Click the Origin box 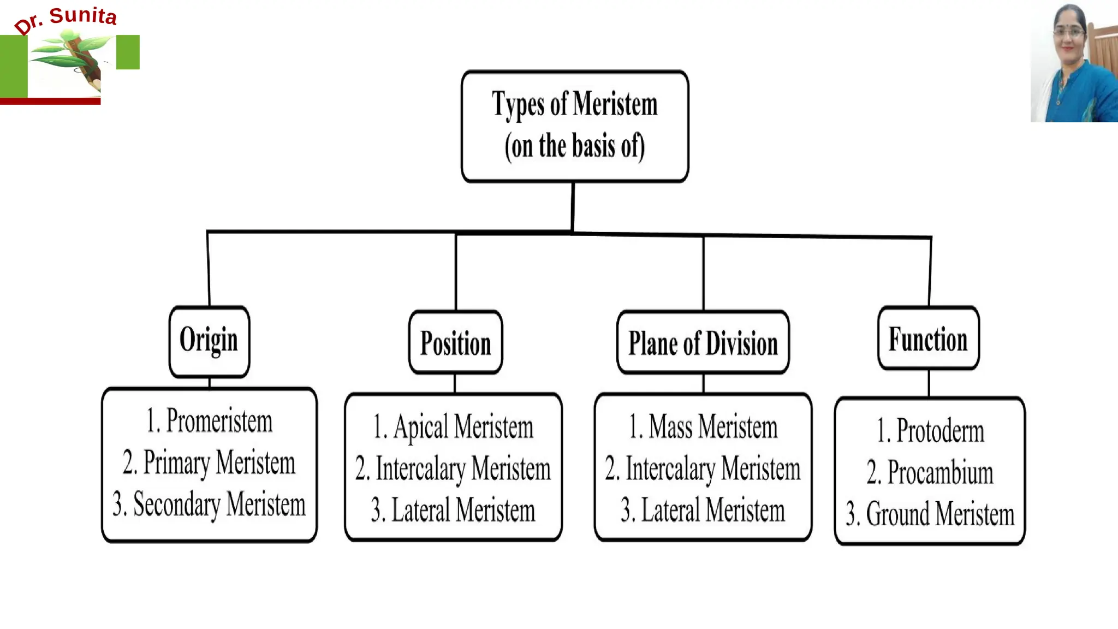[209, 341]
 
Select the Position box [455, 343]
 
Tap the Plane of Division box [703, 343]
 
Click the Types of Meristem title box [574, 126]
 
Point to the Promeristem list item [209, 421]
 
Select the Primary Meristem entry [209, 463]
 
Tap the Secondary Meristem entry [209, 505]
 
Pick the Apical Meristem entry [453, 427]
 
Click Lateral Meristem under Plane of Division [703, 511]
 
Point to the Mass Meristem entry [703, 427]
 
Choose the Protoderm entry [930, 431]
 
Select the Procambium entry [930, 473]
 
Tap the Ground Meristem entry [930, 514]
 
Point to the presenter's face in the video [1068, 34]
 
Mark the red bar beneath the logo [50, 101]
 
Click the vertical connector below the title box [573, 206]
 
